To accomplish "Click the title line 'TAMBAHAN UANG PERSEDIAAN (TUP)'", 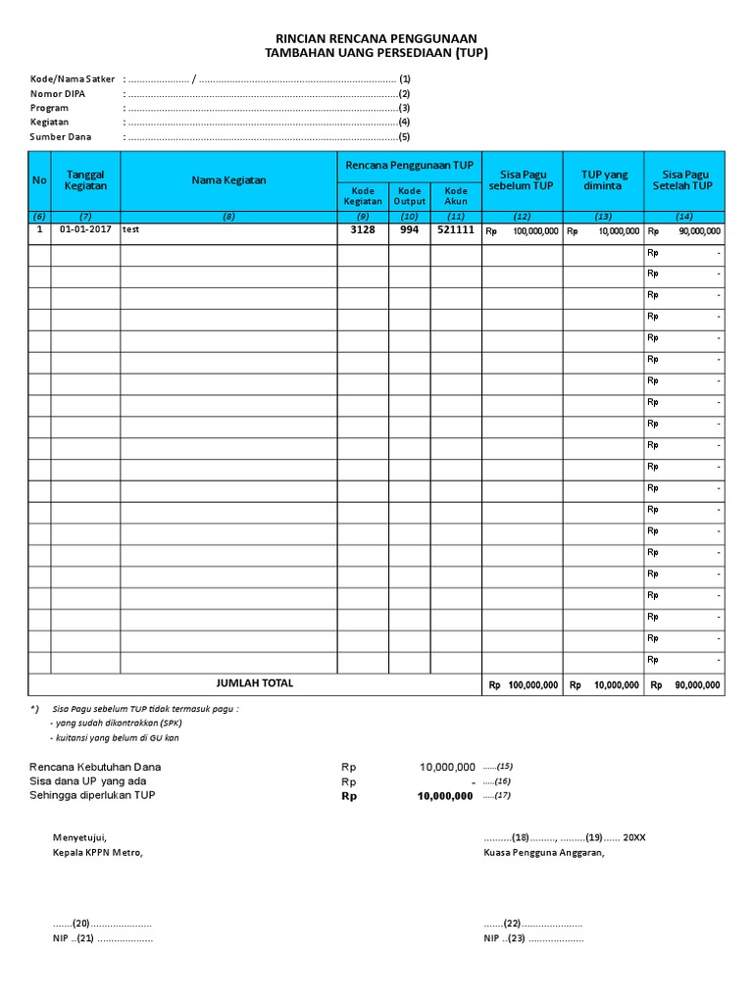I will [376, 53].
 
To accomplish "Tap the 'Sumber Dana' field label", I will [61, 137].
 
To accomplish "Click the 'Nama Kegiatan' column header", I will [228, 180].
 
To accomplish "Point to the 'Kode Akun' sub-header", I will [456, 195].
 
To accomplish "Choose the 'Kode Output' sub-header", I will [410, 195].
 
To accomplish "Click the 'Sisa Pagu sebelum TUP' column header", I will [522, 180].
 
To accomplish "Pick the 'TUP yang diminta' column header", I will [603, 180].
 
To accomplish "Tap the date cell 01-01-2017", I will [85, 230].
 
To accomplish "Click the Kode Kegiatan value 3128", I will [363, 230].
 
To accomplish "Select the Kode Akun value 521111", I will [456, 230].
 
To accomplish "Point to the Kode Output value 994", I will [410, 230].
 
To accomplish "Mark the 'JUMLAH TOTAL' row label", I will [254, 683].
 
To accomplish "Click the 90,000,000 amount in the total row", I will [697, 685].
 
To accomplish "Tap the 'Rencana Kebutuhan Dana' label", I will [95, 767].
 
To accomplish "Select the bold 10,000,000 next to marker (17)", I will [446, 796].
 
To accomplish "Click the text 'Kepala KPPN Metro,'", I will [97, 852].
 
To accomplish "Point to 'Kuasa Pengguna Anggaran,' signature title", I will [544, 852].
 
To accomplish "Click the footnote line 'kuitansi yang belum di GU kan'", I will [117, 737].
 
